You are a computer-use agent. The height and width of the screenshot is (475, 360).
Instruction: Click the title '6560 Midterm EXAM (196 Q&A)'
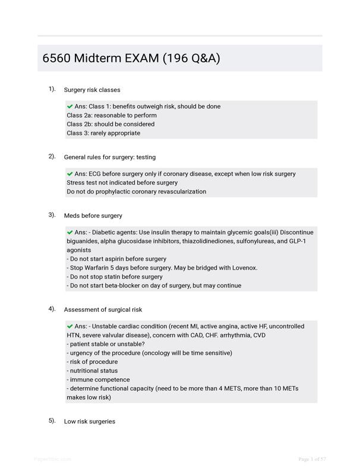pyautogui.click(x=131, y=58)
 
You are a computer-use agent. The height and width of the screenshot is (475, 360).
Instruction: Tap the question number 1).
pyautogui.click(x=52, y=89)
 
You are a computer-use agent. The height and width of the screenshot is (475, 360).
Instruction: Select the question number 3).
pyautogui.click(x=52, y=215)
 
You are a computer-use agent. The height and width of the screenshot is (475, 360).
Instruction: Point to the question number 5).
pyautogui.click(x=52, y=421)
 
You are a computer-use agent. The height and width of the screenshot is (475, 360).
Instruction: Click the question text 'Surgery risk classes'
pyautogui.click(x=92, y=90)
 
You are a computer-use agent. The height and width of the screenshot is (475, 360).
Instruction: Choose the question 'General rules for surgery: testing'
pyautogui.click(x=110, y=157)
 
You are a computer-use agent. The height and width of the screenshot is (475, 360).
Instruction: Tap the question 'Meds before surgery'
pyautogui.click(x=93, y=216)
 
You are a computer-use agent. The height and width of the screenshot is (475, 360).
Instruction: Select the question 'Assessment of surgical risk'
pyautogui.click(x=103, y=309)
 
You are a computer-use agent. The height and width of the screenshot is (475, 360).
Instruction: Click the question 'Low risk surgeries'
pyautogui.click(x=90, y=422)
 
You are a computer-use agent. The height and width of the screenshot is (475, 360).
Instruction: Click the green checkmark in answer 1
pyautogui.click(x=70, y=106)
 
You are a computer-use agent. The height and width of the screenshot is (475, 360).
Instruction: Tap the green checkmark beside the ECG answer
pyautogui.click(x=70, y=173)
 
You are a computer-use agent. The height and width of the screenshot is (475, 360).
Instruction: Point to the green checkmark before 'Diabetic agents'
pyautogui.click(x=70, y=232)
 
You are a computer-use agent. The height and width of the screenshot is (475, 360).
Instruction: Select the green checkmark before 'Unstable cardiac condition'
pyautogui.click(x=70, y=326)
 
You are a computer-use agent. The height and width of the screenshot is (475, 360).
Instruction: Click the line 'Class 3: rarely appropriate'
pyautogui.click(x=103, y=133)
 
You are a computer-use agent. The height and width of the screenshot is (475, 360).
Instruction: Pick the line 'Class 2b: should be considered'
pyautogui.click(x=110, y=124)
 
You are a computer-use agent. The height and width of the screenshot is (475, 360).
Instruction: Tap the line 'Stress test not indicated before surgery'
pyautogui.click(x=122, y=183)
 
